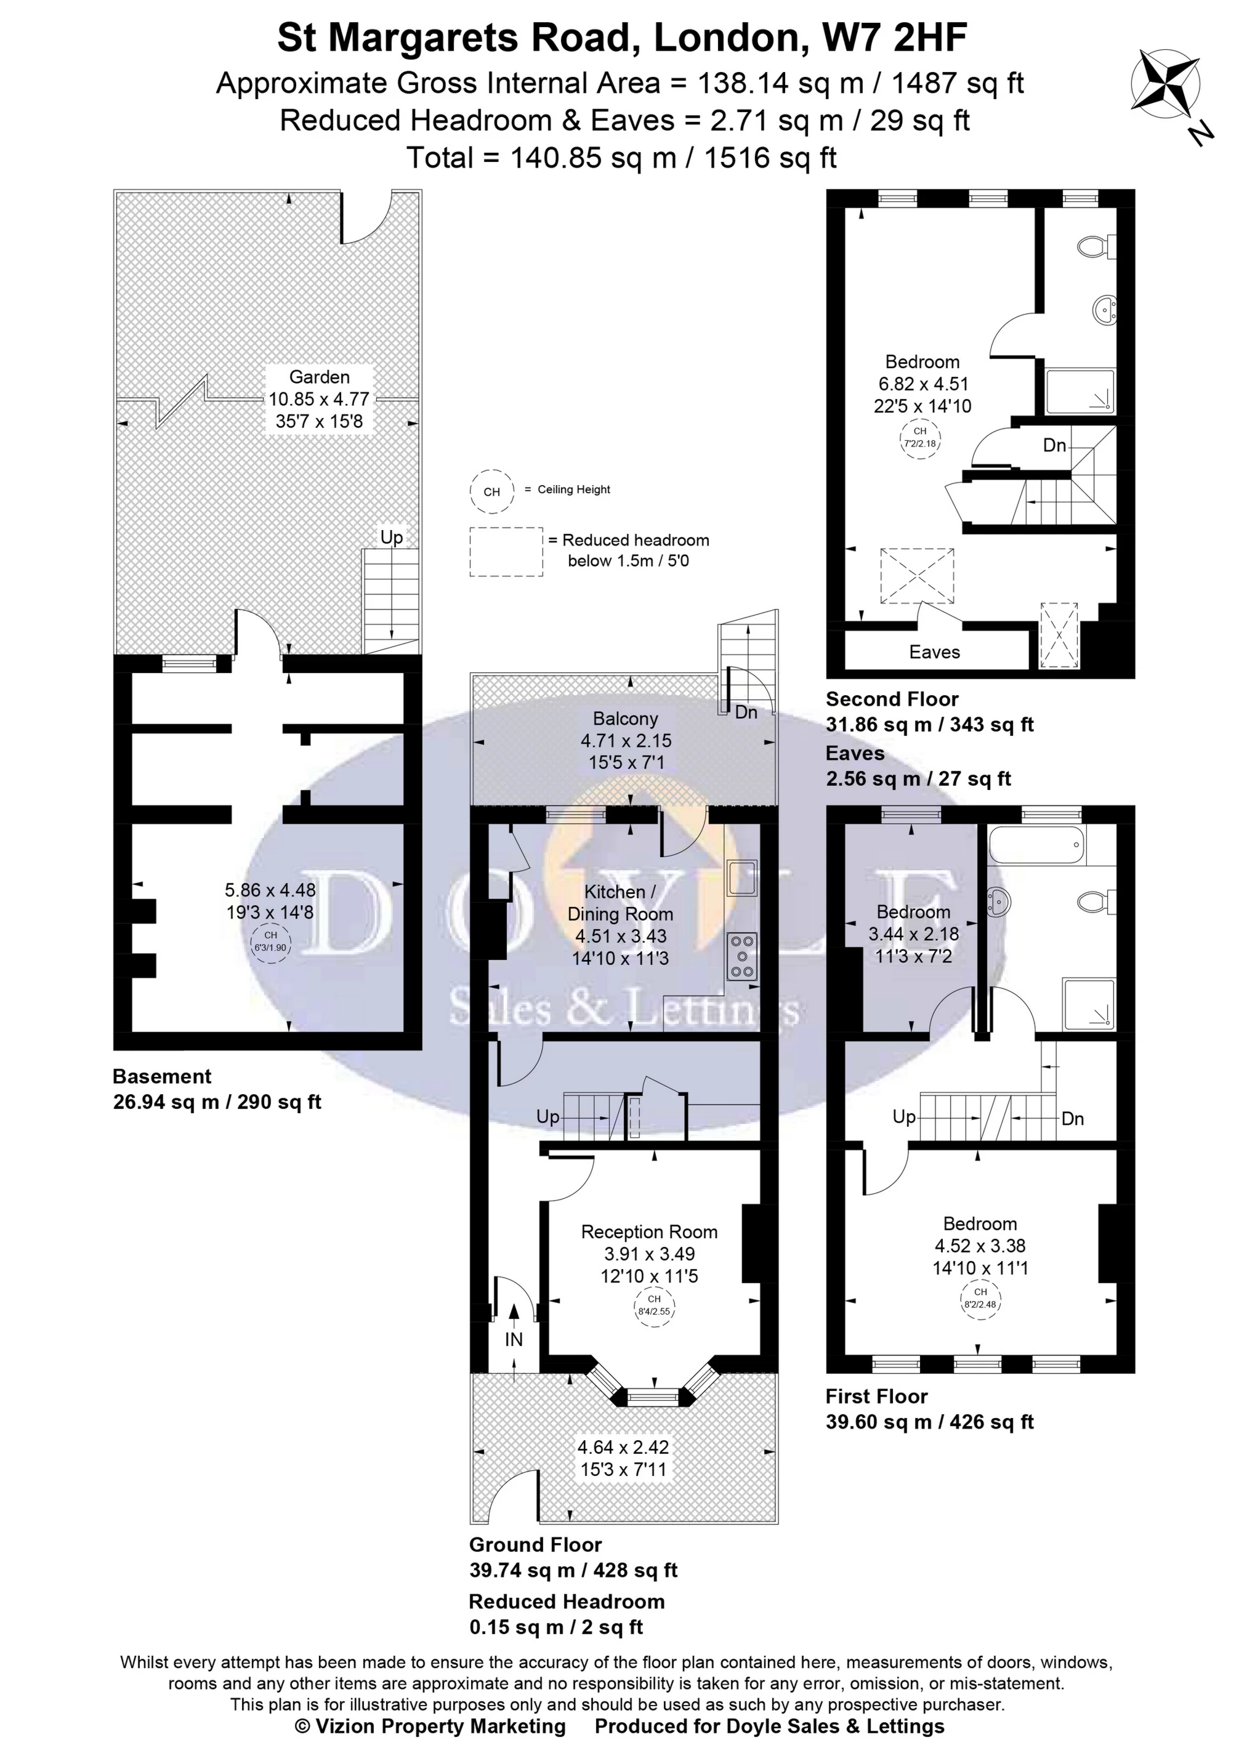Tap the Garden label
[320, 377]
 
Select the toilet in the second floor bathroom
[1097, 246]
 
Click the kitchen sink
[743, 879]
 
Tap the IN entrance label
[514, 1340]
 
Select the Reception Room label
[650, 1232]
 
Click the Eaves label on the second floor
[935, 652]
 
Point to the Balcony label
[626, 719]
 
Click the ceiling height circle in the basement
[271, 941]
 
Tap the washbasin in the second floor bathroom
[1104, 310]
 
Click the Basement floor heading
[162, 1076]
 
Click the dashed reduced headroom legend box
[507, 551]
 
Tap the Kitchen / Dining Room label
[621, 903]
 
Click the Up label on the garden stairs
[392, 537]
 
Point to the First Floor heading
[877, 1396]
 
